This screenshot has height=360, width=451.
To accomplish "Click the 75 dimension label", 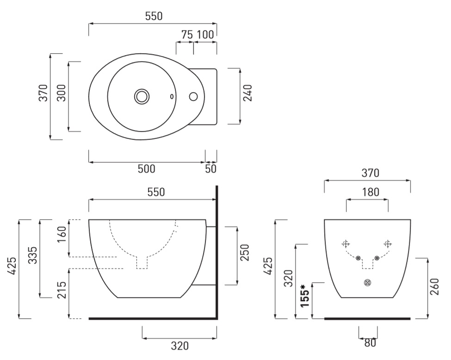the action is point(187,35).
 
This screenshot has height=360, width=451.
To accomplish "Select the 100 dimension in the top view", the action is point(205,35).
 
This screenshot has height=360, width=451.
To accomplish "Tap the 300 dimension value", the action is point(61,93).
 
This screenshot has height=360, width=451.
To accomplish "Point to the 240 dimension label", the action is point(247,93).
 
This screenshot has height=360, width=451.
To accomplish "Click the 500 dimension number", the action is point(147,169).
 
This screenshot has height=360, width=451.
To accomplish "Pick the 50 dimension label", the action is point(210,169).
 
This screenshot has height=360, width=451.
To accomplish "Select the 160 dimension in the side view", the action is point(62,234).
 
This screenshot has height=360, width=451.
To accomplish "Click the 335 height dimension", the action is point(33,255).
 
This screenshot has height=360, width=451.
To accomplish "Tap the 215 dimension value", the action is point(62,290).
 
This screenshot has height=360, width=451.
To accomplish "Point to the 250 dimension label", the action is point(245,253).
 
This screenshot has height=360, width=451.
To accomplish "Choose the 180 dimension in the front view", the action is point(371,192).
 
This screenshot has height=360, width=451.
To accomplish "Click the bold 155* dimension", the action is point(304,296).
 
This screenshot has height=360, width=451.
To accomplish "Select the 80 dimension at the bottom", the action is point(370,343).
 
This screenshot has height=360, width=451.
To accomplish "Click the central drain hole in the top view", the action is point(142,96).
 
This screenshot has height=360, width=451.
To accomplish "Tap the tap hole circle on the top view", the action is point(193,96).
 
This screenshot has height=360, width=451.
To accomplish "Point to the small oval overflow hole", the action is point(172,96).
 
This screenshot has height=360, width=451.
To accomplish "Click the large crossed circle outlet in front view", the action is point(367,283).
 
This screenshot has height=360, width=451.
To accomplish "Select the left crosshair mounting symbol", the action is point(346,244).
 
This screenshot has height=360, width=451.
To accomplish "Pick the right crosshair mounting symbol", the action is point(388,244).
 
